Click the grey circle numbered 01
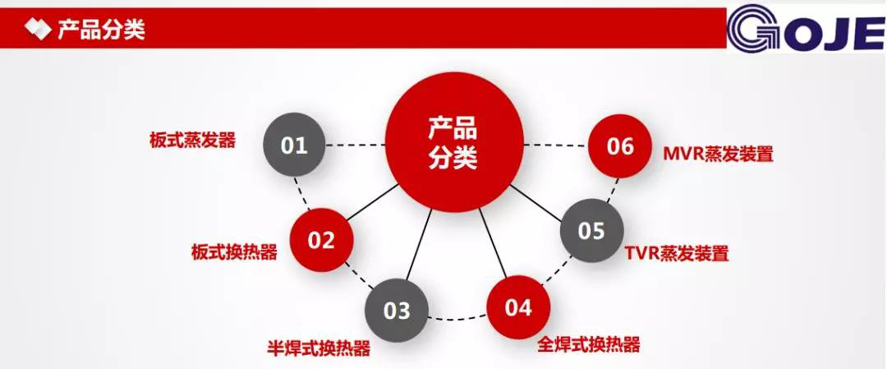coord(295,145)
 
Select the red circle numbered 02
coord(321,240)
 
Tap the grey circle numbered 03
coord(397,310)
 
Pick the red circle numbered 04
coord(518,307)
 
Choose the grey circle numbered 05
coord(591,230)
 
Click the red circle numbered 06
coord(620,146)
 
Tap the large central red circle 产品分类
coord(454,143)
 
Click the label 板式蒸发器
coord(192,139)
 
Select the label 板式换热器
coord(235,251)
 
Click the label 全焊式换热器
coord(588,344)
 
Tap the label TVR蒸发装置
coord(677,253)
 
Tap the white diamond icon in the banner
coord(38,29)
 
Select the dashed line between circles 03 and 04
coord(457,318)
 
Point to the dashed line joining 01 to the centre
coord(356,145)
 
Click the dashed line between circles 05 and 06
coord(612,190)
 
